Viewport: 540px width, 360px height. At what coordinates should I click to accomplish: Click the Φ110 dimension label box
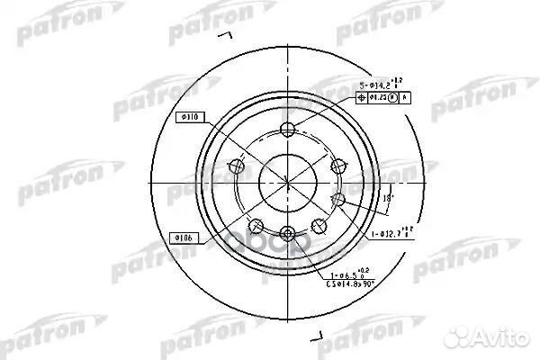(193, 117)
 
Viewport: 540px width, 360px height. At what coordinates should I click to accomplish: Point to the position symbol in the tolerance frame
(366, 97)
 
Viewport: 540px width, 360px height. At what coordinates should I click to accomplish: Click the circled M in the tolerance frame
(393, 97)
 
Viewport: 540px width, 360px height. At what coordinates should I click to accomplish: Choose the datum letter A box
(404, 97)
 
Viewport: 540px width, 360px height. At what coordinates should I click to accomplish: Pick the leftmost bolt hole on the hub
(238, 165)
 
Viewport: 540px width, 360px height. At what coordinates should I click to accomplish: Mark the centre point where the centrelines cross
(287, 180)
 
